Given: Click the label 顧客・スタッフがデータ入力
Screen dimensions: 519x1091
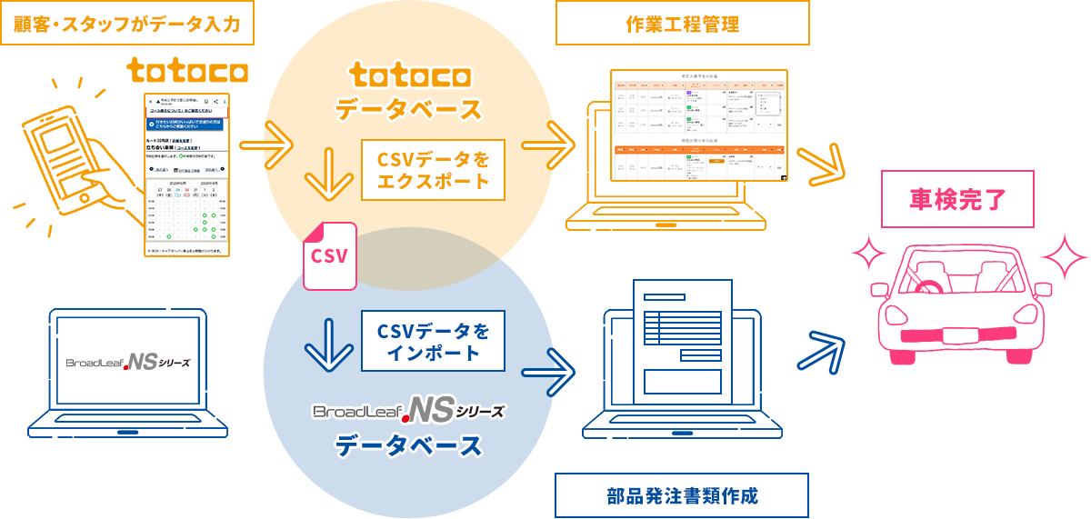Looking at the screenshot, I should pos(127,23).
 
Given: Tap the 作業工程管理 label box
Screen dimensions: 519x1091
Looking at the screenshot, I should pos(682,23).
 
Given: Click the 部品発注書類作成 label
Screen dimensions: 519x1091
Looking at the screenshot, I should pos(682,495).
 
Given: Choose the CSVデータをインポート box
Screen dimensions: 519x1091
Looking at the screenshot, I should pos(433,341).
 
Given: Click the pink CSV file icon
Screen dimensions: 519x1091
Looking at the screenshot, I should pos(330,255).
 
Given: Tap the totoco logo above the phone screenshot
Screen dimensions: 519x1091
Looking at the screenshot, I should pos(187,71).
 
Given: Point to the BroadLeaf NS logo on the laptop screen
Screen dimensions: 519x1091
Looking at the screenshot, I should pos(128,363).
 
